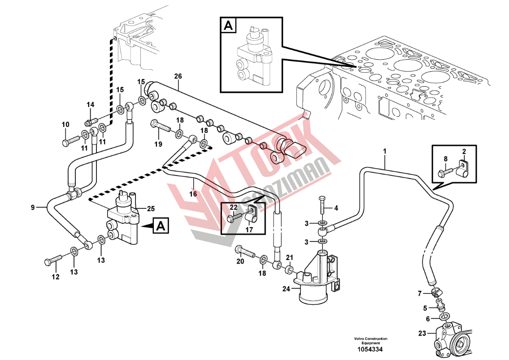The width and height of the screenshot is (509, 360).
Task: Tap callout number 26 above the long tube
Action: click(x=178, y=77)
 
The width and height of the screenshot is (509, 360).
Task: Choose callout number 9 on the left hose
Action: click(x=33, y=207)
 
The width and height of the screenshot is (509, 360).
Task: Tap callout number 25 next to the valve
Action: click(x=151, y=208)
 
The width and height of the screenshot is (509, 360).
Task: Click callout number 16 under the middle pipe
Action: click(x=193, y=194)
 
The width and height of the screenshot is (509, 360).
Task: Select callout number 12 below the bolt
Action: click(x=55, y=277)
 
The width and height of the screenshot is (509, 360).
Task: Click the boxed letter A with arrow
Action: click(x=161, y=227)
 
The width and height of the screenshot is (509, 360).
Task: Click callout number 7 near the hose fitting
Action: click(x=420, y=294)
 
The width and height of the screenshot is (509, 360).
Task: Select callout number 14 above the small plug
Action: click(x=91, y=105)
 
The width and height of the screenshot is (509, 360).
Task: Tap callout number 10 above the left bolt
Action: click(x=65, y=124)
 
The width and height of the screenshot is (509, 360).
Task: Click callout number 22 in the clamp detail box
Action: click(x=234, y=207)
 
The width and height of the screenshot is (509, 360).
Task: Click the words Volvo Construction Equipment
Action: click(x=370, y=341)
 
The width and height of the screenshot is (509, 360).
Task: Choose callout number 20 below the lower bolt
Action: click(x=240, y=262)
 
